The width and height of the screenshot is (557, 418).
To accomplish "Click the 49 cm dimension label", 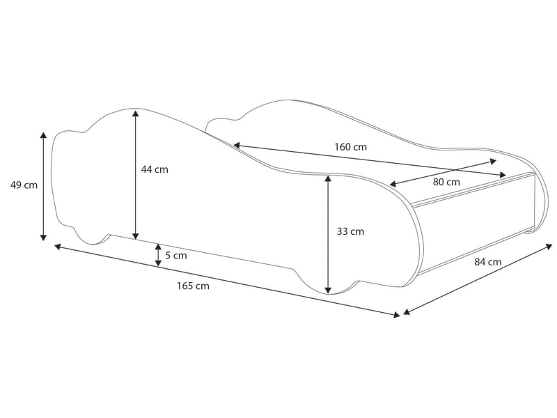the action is pyautogui.click(x=24, y=185).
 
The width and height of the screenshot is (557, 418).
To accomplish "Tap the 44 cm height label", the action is pyautogui.click(x=155, y=169).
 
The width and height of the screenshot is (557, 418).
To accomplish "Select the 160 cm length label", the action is pyautogui.click(x=351, y=147).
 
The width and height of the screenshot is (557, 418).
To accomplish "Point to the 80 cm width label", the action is pyautogui.click(x=446, y=182).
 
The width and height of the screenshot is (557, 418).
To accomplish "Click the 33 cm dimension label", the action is pyautogui.click(x=350, y=232).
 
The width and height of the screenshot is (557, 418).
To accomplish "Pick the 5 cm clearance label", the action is pyautogui.click(x=176, y=256).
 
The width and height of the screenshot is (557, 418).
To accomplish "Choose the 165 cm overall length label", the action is pyautogui.click(x=194, y=286).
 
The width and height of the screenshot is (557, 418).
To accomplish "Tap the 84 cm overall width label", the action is pyautogui.click(x=488, y=262).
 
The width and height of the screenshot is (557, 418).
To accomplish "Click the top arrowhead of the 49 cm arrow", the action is pyautogui.click(x=43, y=135).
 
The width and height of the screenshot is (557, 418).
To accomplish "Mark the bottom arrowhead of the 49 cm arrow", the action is pyautogui.click(x=43, y=237).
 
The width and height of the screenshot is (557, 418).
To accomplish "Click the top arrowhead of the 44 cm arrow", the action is pyautogui.click(x=135, y=114).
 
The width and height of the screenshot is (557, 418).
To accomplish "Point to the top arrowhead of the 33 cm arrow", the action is pyautogui.click(x=328, y=179).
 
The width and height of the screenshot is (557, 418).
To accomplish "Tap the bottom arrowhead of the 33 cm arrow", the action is pyautogui.click(x=328, y=290).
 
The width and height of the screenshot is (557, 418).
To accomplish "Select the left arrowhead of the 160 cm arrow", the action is pyautogui.click(x=237, y=145).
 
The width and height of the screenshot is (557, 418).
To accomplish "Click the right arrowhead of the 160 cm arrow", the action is pyautogui.click(x=502, y=175).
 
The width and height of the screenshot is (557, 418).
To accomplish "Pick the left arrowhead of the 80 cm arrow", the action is pyautogui.click(x=393, y=184).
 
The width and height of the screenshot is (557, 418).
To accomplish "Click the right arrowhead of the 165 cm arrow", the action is pyautogui.click(x=396, y=314).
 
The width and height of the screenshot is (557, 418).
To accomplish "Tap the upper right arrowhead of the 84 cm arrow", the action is pyautogui.click(x=549, y=246).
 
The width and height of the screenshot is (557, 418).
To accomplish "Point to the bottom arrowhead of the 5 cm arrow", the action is pyautogui.click(x=158, y=263).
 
